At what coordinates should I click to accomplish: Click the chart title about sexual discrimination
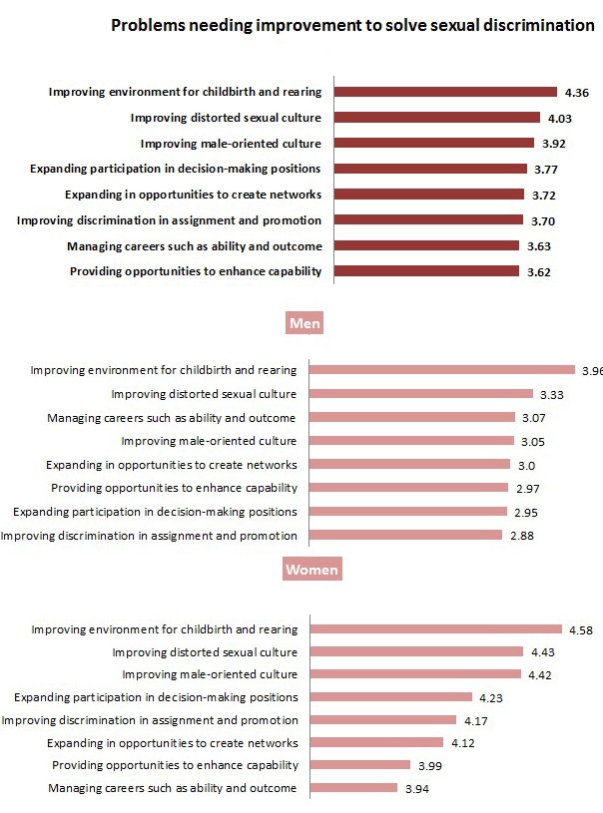352,26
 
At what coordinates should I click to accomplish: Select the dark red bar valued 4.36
445,92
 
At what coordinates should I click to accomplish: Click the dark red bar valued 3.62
426,271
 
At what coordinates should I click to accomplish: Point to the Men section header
302,323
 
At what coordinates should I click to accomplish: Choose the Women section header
311,570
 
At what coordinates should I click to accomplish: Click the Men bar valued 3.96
442,370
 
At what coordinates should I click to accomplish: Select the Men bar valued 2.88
405,536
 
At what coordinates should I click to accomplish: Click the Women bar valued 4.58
436,629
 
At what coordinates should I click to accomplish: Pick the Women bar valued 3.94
354,788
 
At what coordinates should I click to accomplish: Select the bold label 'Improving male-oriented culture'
231,143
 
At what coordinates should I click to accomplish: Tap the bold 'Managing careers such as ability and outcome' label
194,245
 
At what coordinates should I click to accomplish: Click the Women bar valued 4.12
377,742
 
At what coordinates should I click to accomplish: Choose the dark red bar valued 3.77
430,169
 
